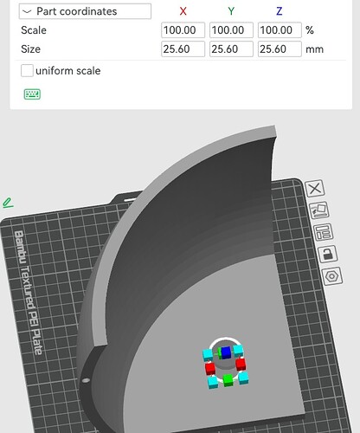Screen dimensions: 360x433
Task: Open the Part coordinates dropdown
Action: [x=85, y=11]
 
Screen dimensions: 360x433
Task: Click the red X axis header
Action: [x=183, y=11]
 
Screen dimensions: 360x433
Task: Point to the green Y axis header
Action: [x=231, y=11]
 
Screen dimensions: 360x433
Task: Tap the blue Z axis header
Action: [x=279, y=11]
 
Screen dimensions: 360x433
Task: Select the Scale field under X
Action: [x=183, y=30]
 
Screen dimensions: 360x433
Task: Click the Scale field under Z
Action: [x=280, y=30]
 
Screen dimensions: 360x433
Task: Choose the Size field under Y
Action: [x=231, y=49]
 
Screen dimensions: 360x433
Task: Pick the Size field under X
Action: [x=183, y=49]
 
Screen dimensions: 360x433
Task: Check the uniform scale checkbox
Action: [x=27, y=71]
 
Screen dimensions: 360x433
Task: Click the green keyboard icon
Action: [x=32, y=94]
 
